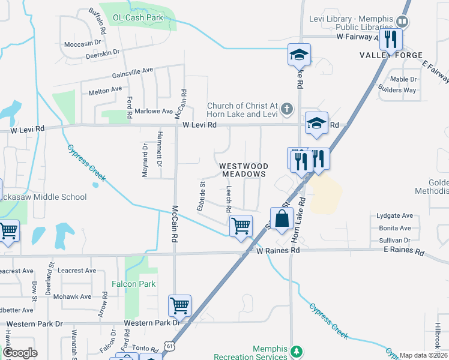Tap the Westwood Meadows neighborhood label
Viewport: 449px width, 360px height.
click(243, 169)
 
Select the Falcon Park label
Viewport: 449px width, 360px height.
click(134, 284)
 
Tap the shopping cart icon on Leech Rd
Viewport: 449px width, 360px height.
click(241, 226)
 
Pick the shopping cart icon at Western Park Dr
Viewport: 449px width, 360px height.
click(180, 306)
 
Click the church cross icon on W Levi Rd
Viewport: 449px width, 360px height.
click(288, 109)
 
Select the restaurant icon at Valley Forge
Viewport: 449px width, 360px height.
click(390, 40)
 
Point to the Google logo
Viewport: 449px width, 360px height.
click(20, 353)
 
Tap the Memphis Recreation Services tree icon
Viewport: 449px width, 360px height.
click(295, 350)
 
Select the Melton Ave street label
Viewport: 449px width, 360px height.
click(105, 91)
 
